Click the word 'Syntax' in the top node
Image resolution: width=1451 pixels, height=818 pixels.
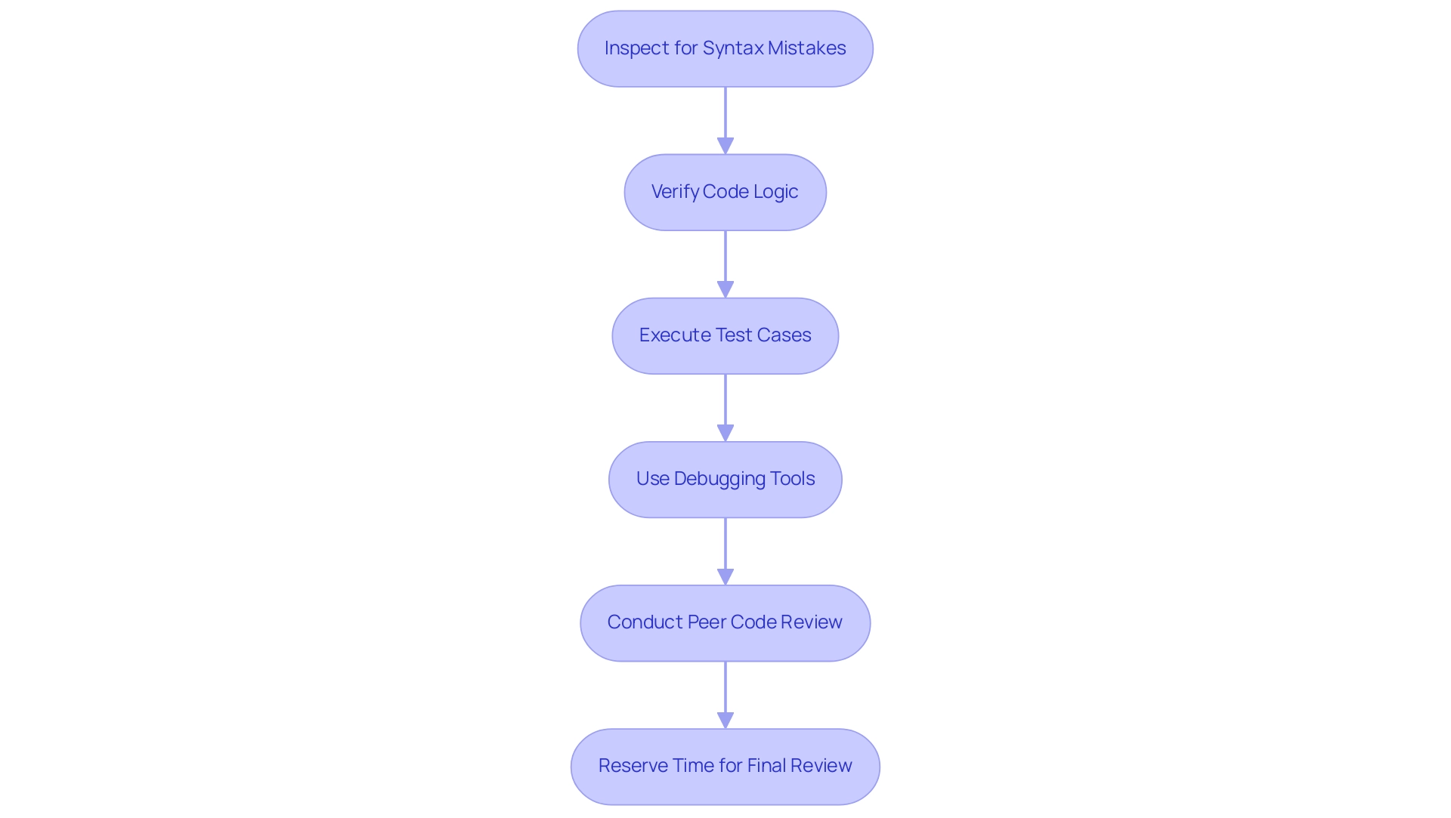[x=732, y=48]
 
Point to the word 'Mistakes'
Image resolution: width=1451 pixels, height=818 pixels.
[x=806, y=48]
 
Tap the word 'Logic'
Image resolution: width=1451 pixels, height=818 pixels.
[x=775, y=192]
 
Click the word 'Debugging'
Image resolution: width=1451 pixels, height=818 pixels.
[x=719, y=479]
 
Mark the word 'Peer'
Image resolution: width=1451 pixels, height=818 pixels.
[x=707, y=622]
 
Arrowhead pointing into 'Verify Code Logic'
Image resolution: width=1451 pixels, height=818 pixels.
[x=725, y=146]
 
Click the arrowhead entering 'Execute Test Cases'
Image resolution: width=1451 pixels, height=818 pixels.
[x=725, y=289]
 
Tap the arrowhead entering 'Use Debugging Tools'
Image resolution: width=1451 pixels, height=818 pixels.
[x=725, y=433]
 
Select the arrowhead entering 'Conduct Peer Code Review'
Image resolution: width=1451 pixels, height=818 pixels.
[x=725, y=576]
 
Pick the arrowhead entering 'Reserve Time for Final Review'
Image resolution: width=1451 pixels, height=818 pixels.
[x=725, y=720]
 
